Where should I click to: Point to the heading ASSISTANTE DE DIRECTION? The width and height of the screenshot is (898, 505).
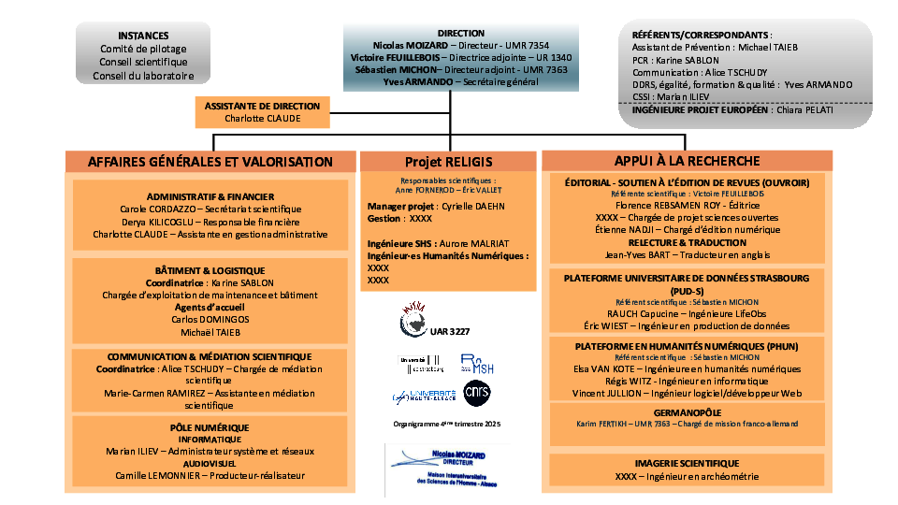pyautogui.click(x=262, y=106)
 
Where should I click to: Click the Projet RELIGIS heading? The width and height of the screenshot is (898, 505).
pyautogui.click(x=448, y=162)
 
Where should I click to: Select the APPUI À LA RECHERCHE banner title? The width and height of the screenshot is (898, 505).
pyautogui.click(x=687, y=161)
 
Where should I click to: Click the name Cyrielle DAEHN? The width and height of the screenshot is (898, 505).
pyautogui.click(x=471, y=206)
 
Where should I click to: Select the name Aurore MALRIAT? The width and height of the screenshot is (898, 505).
pyautogui.click(x=475, y=242)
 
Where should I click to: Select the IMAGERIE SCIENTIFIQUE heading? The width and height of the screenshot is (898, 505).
pyautogui.click(x=687, y=463)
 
